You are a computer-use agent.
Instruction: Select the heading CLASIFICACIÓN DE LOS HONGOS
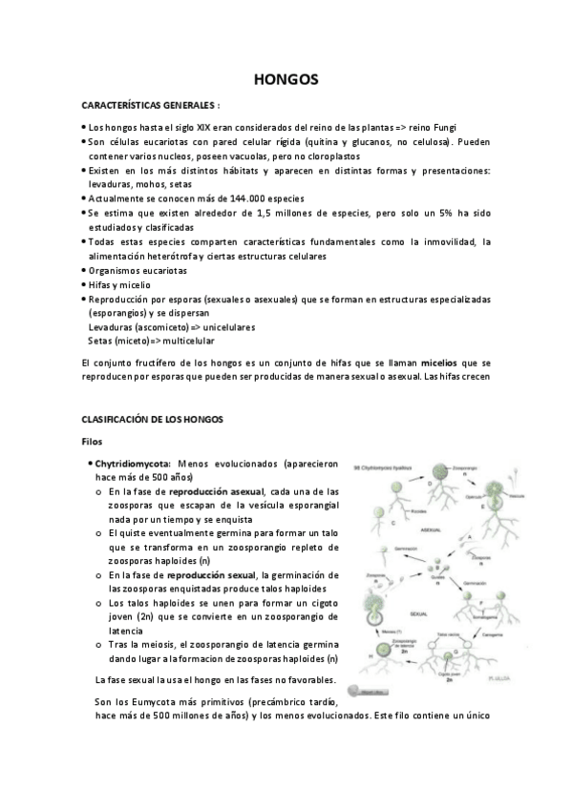tap(152, 419)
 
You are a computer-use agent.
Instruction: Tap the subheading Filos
tap(93, 442)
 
